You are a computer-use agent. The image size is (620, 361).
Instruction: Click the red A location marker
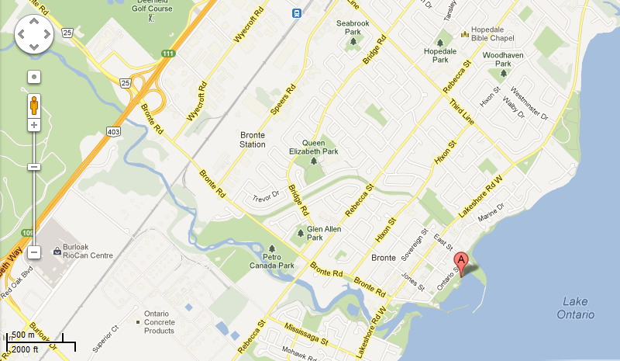click(461, 262)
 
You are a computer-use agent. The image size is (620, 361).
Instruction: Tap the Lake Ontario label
click(575, 308)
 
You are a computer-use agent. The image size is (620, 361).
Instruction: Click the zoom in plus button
click(34, 124)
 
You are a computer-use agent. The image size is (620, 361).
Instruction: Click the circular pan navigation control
click(33, 34)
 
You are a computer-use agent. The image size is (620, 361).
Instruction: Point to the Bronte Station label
click(253, 140)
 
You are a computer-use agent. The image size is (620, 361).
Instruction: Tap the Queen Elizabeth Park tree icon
click(314, 162)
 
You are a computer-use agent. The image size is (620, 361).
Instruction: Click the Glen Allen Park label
click(325, 234)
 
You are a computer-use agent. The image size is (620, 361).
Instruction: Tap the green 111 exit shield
click(167, 52)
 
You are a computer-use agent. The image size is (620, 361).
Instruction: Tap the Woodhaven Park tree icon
click(503, 73)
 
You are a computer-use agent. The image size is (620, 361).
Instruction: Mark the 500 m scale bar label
click(26, 335)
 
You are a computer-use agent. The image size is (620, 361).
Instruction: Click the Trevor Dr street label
click(265, 198)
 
